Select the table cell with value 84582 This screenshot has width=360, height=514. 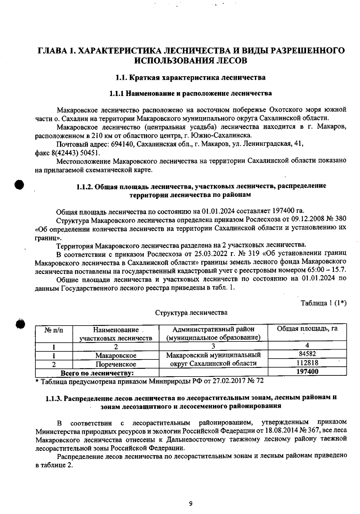coord(307,354)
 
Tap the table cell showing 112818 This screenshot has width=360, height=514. coord(307,363)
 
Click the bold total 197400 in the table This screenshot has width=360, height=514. coord(307,371)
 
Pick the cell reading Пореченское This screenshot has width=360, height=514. coord(116,364)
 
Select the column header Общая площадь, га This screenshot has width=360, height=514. coord(307,329)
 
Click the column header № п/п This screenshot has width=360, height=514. coord(54,330)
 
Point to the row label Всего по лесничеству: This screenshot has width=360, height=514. coord(97,374)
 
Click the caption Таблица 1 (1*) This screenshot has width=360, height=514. coord(324,303)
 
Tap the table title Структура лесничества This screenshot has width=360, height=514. coord(191,313)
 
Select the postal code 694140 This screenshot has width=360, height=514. coord(122,144)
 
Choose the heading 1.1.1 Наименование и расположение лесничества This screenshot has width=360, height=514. coord(190,93)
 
